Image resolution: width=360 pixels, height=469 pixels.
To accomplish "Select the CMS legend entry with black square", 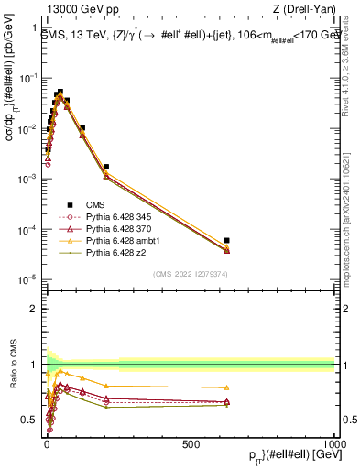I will (102, 205).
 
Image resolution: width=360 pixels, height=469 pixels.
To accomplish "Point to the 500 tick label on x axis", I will (191, 444).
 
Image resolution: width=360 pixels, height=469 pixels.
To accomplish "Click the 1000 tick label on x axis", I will (333, 444).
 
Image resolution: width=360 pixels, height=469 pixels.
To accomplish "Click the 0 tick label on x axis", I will (47, 444).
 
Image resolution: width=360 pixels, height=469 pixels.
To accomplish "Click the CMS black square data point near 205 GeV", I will (106, 168).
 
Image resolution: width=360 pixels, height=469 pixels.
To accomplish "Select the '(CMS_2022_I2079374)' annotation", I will (190, 272).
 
